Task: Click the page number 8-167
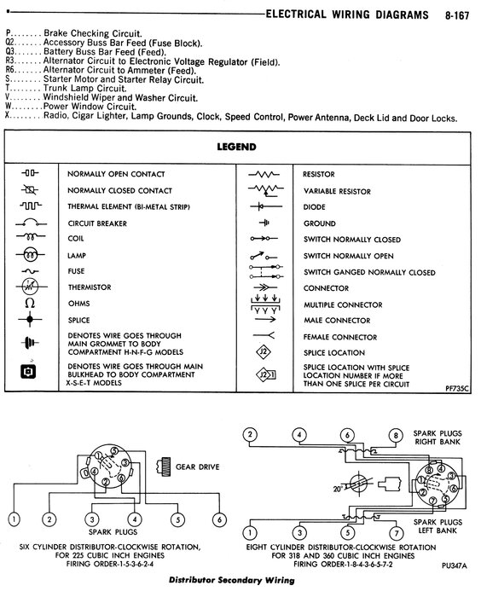[457, 15]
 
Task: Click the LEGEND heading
[236, 147]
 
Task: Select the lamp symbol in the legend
[31, 254]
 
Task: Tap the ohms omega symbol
[30, 303]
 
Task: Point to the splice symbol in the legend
[30, 319]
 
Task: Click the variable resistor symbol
[266, 189]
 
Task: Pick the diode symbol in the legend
[266, 206]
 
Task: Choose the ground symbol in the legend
[264, 223]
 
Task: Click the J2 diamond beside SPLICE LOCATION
[264, 351]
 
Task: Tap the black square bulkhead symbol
[28, 372]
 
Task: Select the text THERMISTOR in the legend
[90, 287]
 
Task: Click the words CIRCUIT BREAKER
[97, 223]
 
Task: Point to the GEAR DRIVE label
[197, 467]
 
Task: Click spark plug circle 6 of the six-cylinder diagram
[219, 519]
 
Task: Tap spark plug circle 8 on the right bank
[396, 435]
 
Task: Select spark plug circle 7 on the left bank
[397, 533]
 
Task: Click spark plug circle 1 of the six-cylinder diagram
[14, 519]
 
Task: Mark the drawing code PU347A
[455, 565]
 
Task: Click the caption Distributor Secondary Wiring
[232, 580]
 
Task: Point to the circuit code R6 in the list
[10, 70]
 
